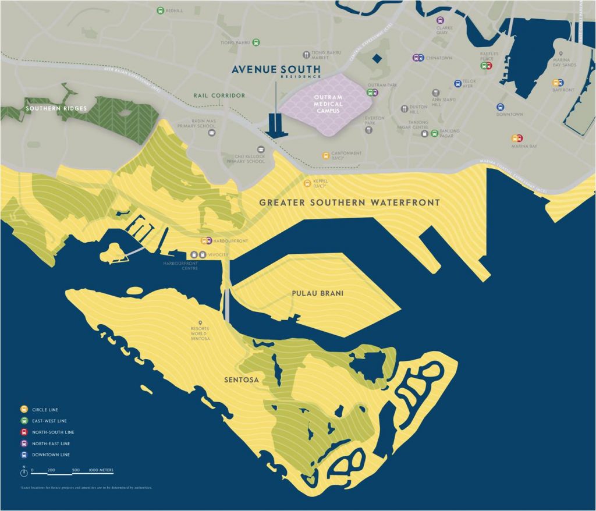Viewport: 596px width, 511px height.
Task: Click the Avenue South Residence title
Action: click(276, 70)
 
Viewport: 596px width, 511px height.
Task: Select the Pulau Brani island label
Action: click(317, 293)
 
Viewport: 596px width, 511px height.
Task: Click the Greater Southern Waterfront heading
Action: click(349, 203)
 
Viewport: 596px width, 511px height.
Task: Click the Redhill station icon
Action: click(161, 10)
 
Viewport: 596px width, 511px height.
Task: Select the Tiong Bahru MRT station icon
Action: click(256, 42)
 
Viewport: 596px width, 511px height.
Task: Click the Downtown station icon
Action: click(500, 107)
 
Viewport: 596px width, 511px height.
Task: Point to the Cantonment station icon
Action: click(325, 155)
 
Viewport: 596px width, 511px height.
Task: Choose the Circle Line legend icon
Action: click(24, 410)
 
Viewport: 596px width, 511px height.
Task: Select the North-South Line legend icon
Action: click(24, 432)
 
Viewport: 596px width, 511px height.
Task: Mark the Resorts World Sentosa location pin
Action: click(201, 323)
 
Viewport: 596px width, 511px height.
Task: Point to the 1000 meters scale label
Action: click(101, 469)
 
